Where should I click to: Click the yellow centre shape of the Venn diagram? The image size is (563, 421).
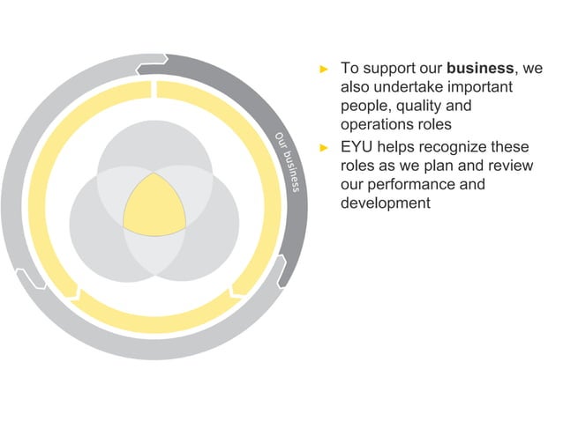pyautogui.click(x=154, y=203)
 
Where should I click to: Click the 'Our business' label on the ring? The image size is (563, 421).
pyautogui.click(x=288, y=163)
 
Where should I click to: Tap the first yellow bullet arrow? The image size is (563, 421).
pyautogui.click(x=324, y=69)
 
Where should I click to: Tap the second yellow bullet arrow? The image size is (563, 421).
pyautogui.click(x=324, y=146)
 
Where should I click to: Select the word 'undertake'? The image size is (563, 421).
pyautogui.click(x=413, y=88)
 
